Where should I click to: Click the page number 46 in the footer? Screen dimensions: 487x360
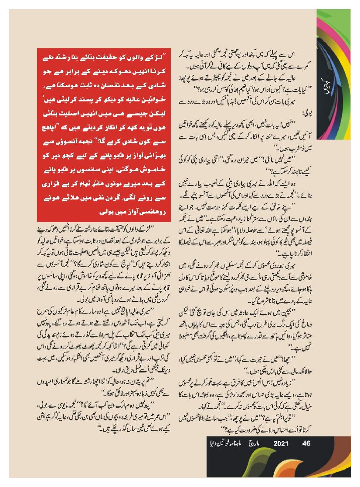click(x=306, y=444)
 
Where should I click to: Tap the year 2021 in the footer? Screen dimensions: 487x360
click(x=279, y=444)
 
